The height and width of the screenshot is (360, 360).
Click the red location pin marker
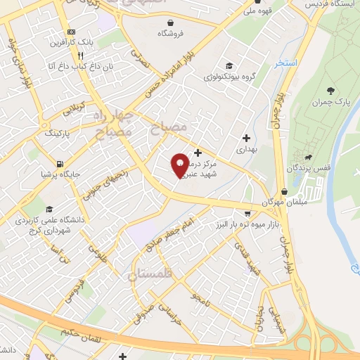181,165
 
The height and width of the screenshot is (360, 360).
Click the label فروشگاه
169,34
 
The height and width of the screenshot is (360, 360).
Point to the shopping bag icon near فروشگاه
169,21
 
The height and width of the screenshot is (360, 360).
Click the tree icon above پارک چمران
330,90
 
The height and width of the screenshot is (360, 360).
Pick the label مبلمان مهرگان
281,202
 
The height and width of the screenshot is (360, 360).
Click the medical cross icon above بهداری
246,137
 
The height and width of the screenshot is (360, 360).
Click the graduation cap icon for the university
49,209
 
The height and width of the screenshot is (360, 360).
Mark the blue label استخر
287,63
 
